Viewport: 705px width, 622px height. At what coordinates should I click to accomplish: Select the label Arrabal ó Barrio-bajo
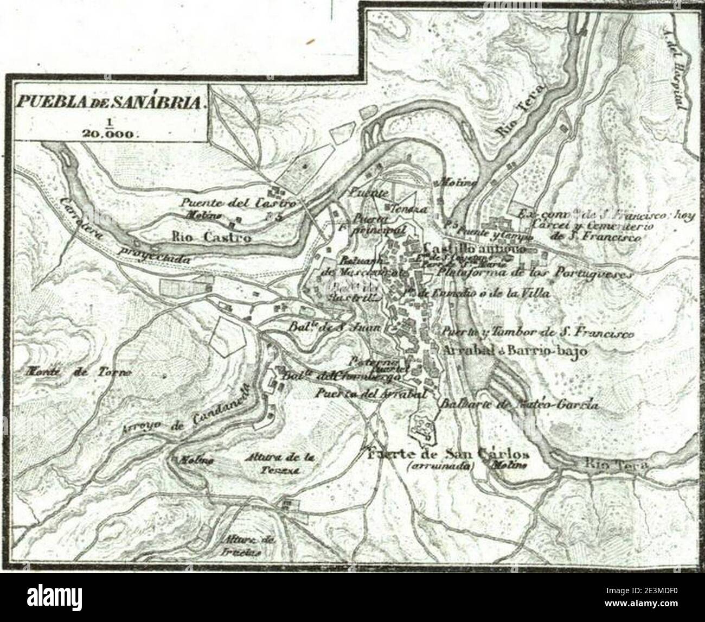click(x=515, y=351)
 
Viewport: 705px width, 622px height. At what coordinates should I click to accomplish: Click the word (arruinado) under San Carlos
click(x=440, y=466)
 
